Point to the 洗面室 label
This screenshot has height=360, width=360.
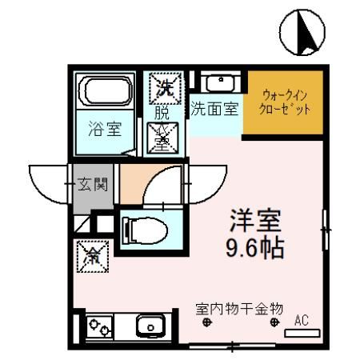[214, 109]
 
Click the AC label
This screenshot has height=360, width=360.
[302, 320]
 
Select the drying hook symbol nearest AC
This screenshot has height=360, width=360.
[274, 323]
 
